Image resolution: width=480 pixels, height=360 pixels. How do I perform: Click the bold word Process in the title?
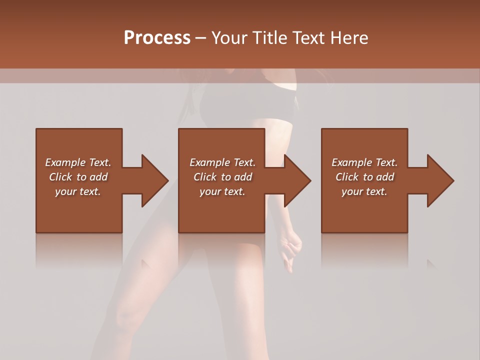tap(157, 37)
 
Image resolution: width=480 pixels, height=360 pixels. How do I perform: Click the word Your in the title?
tap(229, 37)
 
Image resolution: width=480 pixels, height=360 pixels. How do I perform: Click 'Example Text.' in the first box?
tap(78, 162)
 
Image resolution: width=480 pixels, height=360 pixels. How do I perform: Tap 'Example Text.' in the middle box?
tap(222, 162)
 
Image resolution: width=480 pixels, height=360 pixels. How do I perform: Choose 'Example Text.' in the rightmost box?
tap(364, 162)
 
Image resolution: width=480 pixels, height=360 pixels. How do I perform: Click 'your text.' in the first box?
tap(78, 191)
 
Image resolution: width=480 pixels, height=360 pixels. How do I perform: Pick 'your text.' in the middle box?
tap(222, 191)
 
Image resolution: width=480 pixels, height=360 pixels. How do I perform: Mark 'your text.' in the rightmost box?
tap(364, 191)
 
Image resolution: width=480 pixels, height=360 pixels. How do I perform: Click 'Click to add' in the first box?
tap(78, 177)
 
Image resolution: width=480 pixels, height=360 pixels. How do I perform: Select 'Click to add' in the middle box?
tap(222, 177)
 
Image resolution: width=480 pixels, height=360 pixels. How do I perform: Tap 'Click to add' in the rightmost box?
tap(364, 177)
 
